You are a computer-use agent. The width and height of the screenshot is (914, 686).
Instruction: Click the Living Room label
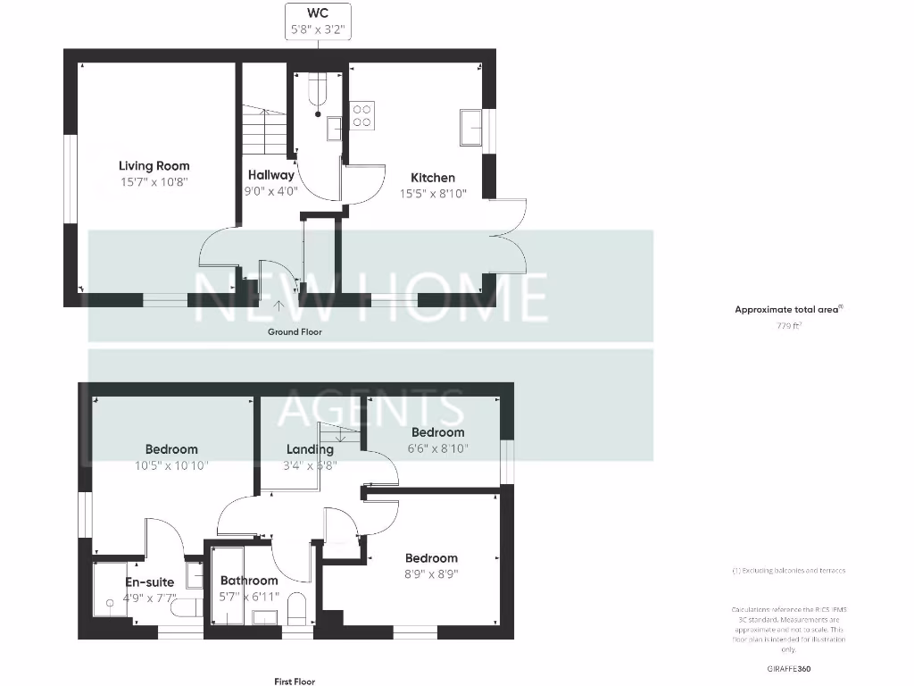(154, 165)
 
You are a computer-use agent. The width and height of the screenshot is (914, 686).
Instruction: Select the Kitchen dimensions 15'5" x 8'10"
(433, 193)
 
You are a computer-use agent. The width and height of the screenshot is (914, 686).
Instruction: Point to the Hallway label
(270, 175)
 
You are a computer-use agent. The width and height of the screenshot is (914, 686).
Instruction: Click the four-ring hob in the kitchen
(362, 115)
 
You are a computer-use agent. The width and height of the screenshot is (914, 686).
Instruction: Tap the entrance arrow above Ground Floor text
(278, 307)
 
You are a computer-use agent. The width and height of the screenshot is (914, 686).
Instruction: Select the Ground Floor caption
(295, 331)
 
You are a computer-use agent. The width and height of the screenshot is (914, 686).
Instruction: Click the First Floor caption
(295, 682)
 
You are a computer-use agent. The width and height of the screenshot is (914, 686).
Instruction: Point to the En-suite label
(149, 582)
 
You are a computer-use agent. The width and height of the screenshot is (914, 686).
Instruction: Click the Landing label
(310, 449)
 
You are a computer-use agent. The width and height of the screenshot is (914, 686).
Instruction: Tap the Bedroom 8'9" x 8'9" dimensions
(431, 573)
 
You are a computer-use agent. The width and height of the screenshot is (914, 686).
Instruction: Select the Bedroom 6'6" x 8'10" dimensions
(437, 448)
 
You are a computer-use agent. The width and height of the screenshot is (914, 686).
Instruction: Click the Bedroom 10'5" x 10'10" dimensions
(171, 464)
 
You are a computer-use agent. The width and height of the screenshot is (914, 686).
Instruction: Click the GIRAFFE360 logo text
(788, 668)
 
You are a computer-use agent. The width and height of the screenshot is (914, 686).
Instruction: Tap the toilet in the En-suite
(185, 608)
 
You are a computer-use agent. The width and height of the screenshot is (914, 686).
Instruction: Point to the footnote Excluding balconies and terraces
(788, 570)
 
